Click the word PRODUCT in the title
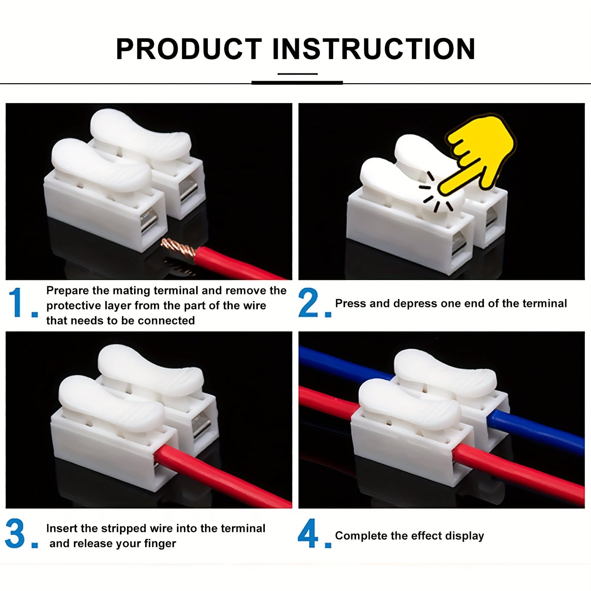[x=189, y=49]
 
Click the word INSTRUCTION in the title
[x=373, y=49]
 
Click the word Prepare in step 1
[x=68, y=291]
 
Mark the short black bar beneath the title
[x=297, y=83]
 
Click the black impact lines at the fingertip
[x=436, y=196]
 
